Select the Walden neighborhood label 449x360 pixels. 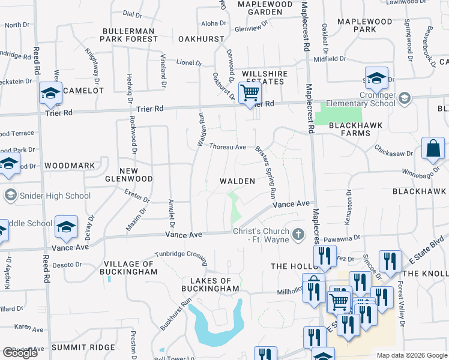coord(237,181)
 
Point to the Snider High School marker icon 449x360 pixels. coord(10,195)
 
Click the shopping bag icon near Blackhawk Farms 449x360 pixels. coord(433,148)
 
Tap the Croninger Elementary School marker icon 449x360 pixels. coord(405,98)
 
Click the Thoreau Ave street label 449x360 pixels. coord(228,146)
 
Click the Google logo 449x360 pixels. coord(20,353)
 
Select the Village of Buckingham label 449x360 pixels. coord(130,268)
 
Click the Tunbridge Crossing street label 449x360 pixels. coord(181,254)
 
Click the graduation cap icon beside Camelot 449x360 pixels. coord(51,93)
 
